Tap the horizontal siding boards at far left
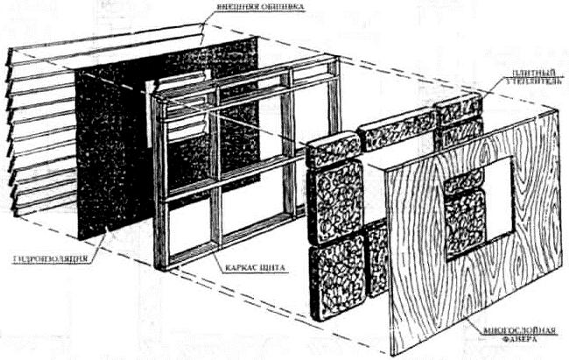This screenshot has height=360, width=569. [x=35, y=131]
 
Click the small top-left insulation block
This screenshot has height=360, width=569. [x=333, y=148]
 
